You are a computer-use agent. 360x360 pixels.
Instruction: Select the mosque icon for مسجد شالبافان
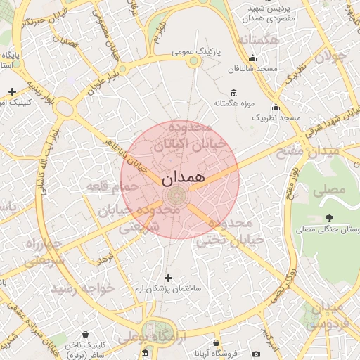233,70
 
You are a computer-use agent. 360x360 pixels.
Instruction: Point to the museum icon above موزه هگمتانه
233,94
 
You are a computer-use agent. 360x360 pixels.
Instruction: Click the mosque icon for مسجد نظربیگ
275,108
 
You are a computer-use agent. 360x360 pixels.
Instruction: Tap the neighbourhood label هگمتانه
259,40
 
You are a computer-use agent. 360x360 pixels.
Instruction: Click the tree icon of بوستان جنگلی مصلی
330,218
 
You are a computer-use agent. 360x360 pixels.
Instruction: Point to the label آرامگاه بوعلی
151,338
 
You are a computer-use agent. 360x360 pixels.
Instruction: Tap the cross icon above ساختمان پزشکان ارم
167,278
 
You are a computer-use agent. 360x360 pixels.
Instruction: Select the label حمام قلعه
106,187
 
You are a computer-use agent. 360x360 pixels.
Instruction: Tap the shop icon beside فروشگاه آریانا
256,353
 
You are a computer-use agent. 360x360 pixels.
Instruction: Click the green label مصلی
331,190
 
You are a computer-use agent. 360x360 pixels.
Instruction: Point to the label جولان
330,56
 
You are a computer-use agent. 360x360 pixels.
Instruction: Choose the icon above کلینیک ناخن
85,335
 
